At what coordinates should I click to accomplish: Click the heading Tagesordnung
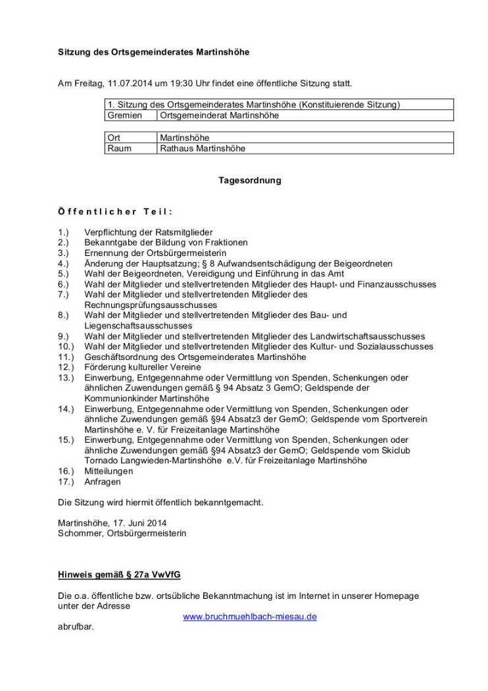249,180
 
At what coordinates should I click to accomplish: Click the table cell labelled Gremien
125,115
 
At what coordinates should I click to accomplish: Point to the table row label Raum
119,148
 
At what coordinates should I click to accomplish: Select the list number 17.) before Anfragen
66,482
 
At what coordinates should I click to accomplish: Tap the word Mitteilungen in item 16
109,471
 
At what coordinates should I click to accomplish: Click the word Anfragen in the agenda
103,482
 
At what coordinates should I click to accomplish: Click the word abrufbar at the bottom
76,627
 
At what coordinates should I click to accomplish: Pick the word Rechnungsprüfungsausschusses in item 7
151,305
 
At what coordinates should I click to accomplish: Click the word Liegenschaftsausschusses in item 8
142,326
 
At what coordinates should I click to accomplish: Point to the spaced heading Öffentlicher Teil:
115,211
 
